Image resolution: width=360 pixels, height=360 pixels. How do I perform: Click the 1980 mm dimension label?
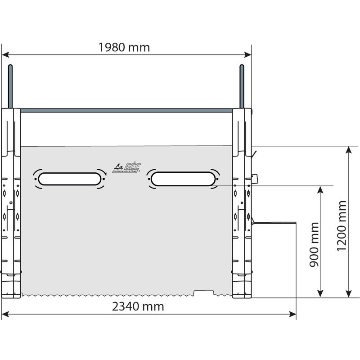click(124, 47)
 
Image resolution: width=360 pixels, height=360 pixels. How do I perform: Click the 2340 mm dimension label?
click(138, 307)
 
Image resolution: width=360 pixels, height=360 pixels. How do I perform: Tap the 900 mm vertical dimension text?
click(315, 244)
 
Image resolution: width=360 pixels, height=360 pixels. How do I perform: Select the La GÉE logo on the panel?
click(126, 167)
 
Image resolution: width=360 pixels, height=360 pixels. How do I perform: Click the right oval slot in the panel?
click(182, 179)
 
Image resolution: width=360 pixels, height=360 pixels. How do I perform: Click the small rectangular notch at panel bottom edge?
click(203, 293)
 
